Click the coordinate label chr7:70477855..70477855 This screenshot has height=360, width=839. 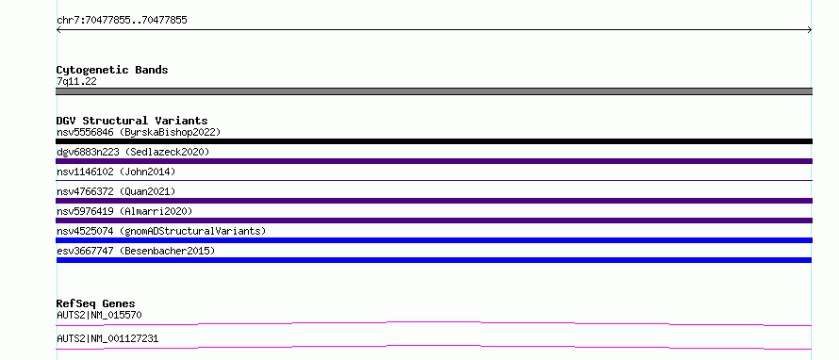[x=122, y=21]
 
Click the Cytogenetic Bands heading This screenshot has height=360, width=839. [x=112, y=70]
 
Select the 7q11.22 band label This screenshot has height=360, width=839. [x=76, y=82]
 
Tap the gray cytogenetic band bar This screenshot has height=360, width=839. [x=434, y=91]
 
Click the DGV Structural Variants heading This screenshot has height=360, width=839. [x=132, y=121]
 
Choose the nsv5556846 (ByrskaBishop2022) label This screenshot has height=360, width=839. [x=139, y=132]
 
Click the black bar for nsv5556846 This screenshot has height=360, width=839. [x=434, y=141]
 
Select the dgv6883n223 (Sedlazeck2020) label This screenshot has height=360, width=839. [x=133, y=152]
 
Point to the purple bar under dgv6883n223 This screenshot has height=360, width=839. [x=434, y=161]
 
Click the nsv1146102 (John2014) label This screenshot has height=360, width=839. [x=116, y=172]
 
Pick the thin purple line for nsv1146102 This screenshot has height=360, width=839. [x=434, y=180]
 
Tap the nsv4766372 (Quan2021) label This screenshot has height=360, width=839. [x=116, y=191]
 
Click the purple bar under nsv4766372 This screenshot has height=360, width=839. [x=434, y=201]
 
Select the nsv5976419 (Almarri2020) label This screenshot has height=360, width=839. [x=124, y=211]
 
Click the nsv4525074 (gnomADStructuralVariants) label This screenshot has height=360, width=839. [x=161, y=231]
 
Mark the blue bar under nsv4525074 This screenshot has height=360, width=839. [x=434, y=240]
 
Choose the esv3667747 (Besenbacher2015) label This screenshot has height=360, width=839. [x=136, y=251]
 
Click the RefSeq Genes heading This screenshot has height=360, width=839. [x=96, y=303]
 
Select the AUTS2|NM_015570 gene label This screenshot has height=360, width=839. [x=99, y=315]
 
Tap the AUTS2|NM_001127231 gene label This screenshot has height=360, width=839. [x=107, y=338]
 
